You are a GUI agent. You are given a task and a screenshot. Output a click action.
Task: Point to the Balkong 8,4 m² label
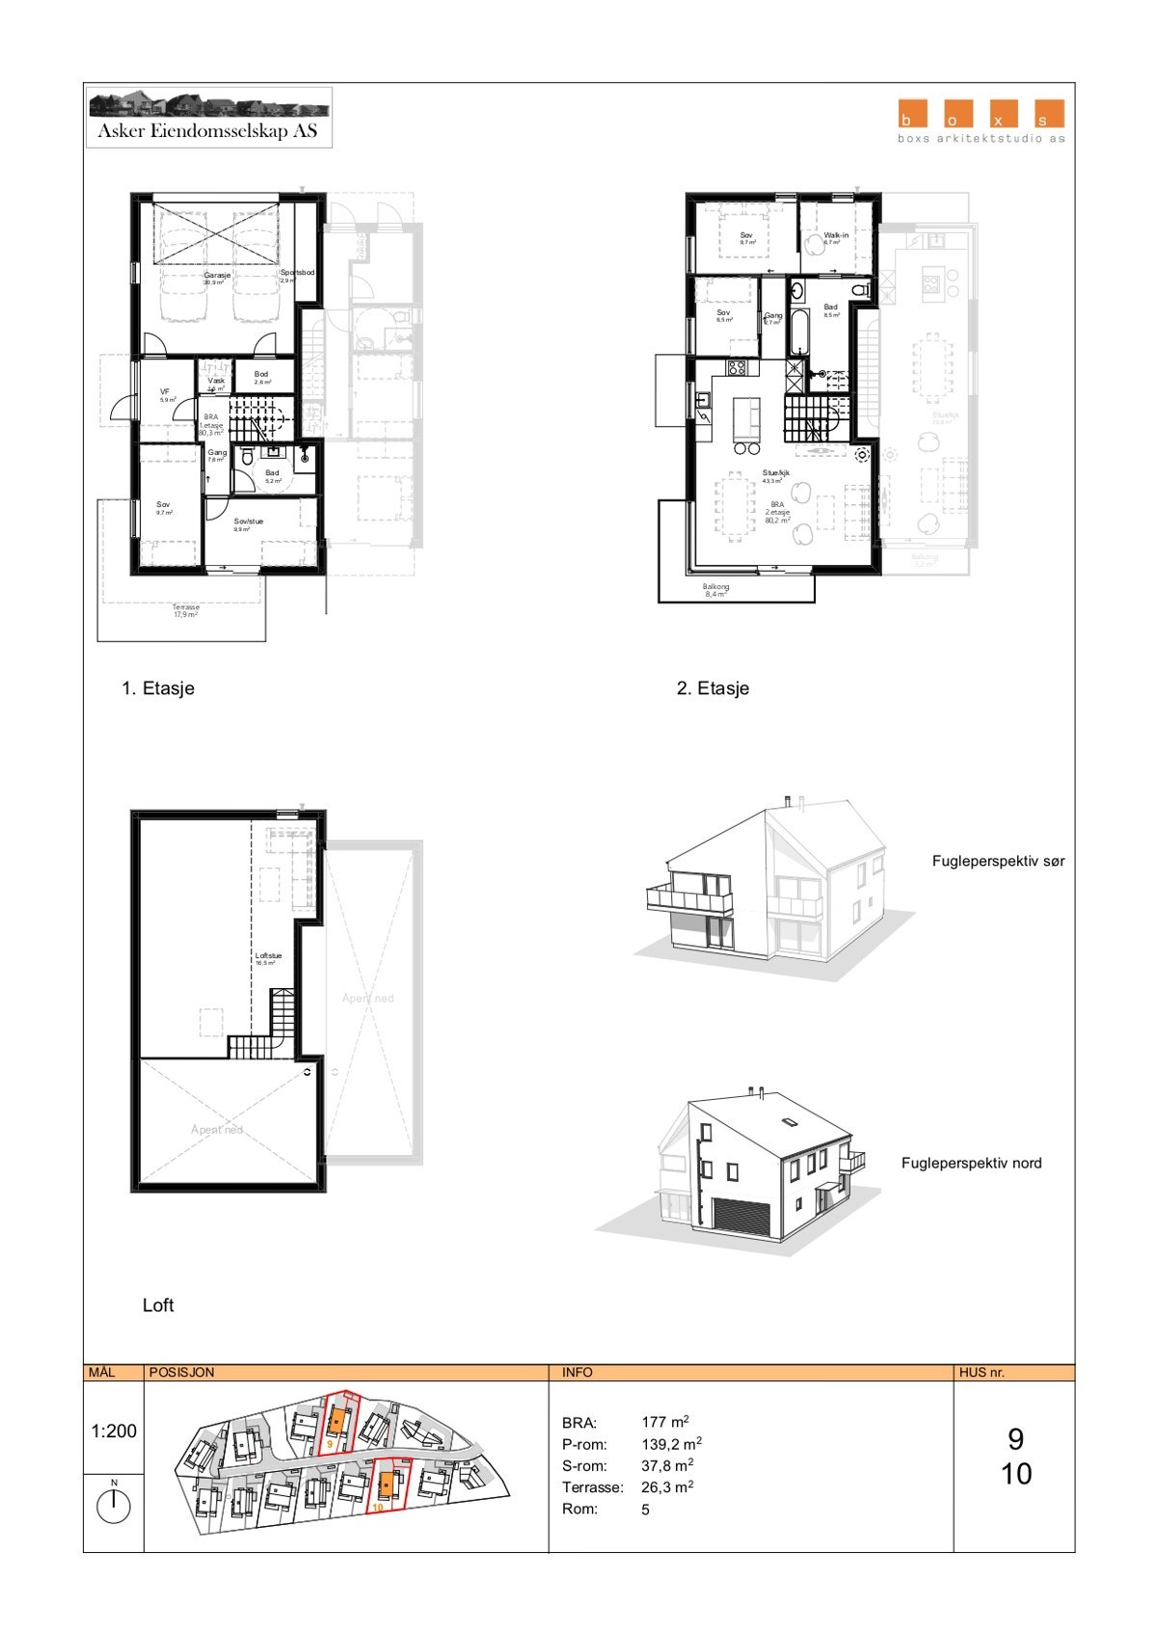pyautogui.click(x=715, y=590)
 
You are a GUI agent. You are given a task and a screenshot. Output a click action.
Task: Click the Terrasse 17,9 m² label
pyautogui.click(x=186, y=610)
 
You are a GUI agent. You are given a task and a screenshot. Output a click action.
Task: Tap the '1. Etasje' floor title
pyautogui.click(x=158, y=688)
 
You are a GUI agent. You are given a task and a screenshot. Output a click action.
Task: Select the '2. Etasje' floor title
pyautogui.click(x=713, y=688)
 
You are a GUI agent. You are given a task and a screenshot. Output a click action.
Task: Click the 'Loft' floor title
pyautogui.click(x=158, y=1305)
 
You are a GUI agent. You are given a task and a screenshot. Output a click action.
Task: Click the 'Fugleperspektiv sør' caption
pyautogui.click(x=998, y=861)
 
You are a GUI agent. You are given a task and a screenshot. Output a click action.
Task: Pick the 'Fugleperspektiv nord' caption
pyautogui.click(x=971, y=1163)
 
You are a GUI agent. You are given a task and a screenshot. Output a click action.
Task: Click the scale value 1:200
pyautogui.click(x=114, y=1432)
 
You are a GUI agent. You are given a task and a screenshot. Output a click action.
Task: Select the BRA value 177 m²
pyautogui.click(x=664, y=1422)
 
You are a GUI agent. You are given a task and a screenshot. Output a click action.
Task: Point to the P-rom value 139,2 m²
pyautogui.click(x=671, y=1444)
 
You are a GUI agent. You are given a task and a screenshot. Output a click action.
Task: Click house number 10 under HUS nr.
pyautogui.click(x=1016, y=1474)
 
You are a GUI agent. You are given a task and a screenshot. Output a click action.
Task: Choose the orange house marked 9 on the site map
pyautogui.click(x=336, y=1420)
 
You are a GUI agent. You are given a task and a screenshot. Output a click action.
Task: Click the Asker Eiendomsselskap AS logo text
pyautogui.click(x=207, y=131)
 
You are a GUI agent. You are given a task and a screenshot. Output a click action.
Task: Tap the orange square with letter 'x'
pyautogui.click(x=999, y=114)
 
